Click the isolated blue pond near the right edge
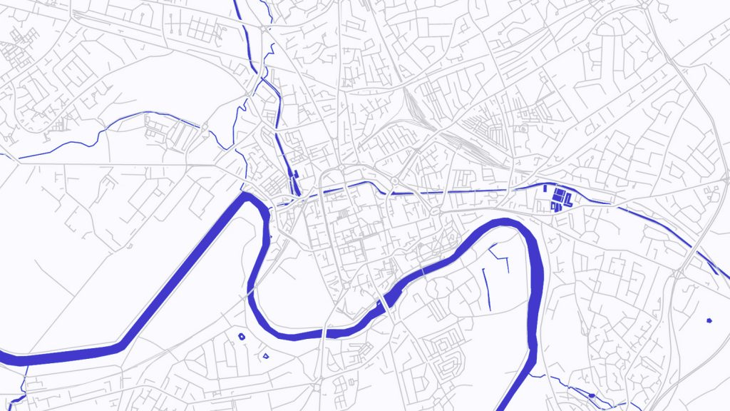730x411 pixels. [709, 320]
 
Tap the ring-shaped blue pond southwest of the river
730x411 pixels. [241, 335]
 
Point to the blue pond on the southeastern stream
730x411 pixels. [592, 395]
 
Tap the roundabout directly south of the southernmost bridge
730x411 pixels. [316, 387]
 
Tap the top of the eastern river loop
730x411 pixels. [503, 223]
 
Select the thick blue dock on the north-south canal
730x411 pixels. [294, 184]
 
